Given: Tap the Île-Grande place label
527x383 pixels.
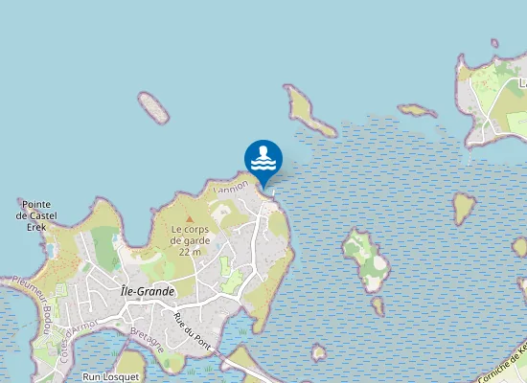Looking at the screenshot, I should pos(148,291).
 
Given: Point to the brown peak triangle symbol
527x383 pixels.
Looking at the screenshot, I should pos(189,219).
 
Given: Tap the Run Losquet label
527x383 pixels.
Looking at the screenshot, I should pos(110,376).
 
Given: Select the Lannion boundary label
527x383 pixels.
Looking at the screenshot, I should pos(231,190).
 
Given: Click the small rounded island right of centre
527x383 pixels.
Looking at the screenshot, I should pos(465,207).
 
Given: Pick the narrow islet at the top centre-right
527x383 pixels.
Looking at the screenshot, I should pos(417,111).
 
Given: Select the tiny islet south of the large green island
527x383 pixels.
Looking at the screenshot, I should pos(378,306).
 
